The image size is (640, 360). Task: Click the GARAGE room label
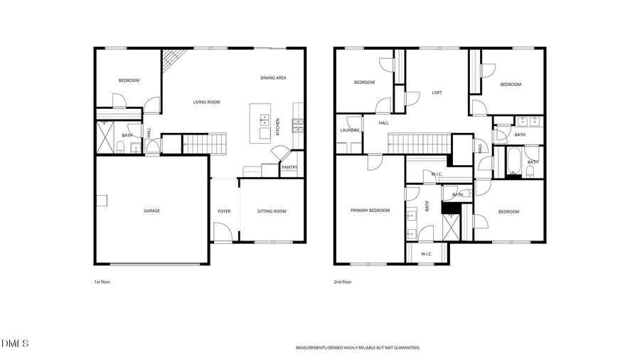tap(151, 211)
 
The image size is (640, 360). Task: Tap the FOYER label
tap(224, 211)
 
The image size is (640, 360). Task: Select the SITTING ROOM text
tap(272, 211)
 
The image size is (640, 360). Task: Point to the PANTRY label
tap(289, 168)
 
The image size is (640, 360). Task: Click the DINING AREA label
tap(273, 78)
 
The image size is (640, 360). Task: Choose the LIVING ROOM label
tap(206, 102)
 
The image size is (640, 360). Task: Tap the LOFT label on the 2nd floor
tap(437, 92)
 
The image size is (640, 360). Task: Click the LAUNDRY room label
tap(349, 130)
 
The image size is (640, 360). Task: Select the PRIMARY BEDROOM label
tap(370, 211)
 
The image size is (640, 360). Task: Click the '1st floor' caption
tap(102, 282)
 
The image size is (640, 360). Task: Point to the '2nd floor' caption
tap(343, 282)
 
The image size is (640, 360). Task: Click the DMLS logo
tap(15, 344)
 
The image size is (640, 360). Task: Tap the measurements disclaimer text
tap(358, 348)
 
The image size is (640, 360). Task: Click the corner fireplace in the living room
tap(170, 60)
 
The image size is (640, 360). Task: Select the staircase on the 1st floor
tap(203, 145)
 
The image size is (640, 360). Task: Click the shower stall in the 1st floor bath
tap(106, 136)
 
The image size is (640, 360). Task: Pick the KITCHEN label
tap(278, 127)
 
